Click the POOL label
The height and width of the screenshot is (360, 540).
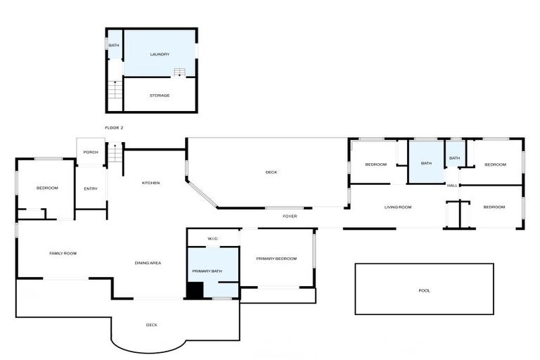pos(424,290)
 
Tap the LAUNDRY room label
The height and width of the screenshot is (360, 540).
pos(160,54)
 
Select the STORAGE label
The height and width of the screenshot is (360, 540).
pos(160,96)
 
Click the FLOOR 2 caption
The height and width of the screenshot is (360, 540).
pos(114,128)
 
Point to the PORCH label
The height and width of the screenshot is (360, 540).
pos(91,152)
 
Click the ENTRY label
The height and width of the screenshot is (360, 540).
pos(91,188)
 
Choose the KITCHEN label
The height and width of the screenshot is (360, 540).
pos(151,183)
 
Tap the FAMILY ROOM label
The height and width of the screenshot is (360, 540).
pos(63,253)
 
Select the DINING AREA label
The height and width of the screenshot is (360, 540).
pos(148,263)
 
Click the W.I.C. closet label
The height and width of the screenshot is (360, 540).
pos(214,239)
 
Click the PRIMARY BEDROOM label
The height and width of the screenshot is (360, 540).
pos(276,259)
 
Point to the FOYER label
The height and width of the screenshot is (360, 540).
pos(290,217)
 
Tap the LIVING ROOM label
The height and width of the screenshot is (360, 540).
pos(397,207)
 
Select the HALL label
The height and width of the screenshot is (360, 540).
pos(453,186)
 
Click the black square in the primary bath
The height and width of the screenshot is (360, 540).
pos(195,290)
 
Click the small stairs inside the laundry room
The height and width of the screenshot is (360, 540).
pos(180,72)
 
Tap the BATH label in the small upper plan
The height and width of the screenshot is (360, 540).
pos(113,46)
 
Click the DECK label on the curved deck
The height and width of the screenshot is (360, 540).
pos(151,325)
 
